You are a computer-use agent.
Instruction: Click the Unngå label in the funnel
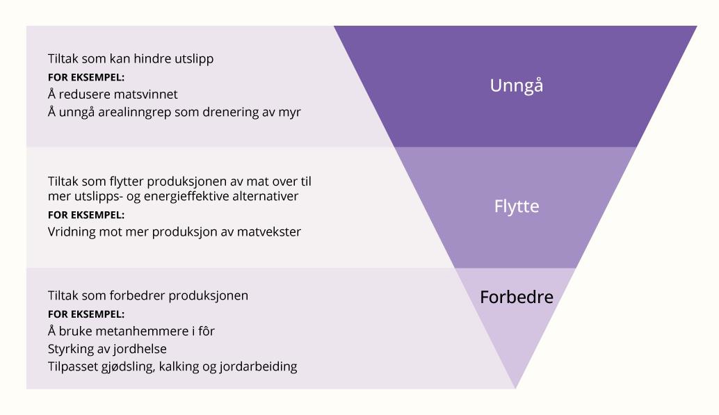tap(516, 86)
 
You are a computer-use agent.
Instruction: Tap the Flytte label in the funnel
tap(517, 207)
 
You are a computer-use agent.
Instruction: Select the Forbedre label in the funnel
tap(517, 298)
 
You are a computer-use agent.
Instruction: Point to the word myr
tap(291, 112)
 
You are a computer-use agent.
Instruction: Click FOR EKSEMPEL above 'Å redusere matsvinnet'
tap(86, 77)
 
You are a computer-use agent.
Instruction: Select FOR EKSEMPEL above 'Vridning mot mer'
tap(86, 215)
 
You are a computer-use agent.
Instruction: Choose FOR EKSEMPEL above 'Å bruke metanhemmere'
tap(86, 314)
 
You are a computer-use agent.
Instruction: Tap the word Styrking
tap(70, 348)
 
